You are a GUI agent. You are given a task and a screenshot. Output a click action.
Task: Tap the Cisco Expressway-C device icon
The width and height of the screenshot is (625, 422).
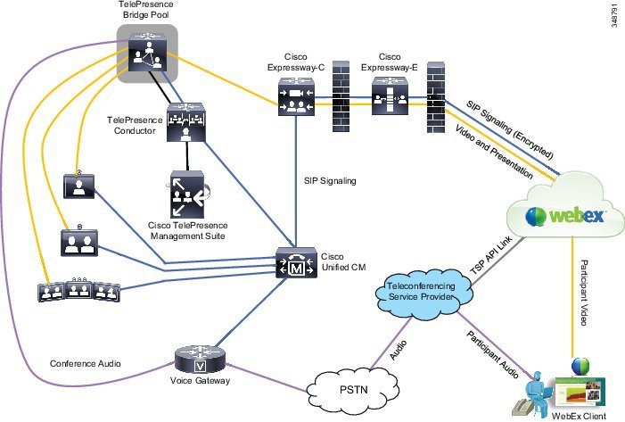click(296, 97)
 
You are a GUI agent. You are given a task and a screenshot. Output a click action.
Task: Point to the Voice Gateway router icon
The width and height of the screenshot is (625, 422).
click(199, 361)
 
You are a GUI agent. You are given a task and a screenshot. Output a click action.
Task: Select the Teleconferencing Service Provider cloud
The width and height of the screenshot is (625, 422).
click(421, 296)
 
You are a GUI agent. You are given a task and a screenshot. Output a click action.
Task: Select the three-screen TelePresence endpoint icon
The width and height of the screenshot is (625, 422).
click(78, 293)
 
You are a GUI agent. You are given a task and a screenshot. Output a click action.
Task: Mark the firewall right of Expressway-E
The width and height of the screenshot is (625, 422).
click(435, 97)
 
